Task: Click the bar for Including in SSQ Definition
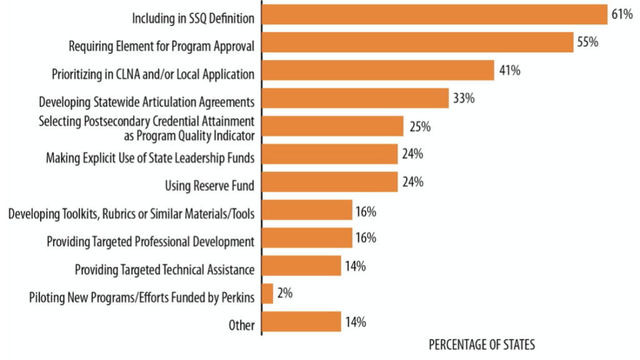[434, 14]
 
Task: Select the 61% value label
[622, 14]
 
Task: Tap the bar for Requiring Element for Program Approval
[417, 42]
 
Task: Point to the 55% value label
[588, 42]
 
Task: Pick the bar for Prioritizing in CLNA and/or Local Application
[377, 71]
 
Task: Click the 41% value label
[509, 71]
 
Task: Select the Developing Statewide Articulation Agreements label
[146, 101]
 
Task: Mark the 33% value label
[464, 98]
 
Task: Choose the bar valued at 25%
[332, 126]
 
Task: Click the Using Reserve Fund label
[209, 186]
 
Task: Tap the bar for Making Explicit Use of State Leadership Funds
[329, 154]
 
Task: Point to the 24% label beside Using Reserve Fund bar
[413, 182]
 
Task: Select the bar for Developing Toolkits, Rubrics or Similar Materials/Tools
[307, 211]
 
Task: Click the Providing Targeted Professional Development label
[151, 242]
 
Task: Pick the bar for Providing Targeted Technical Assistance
[301, 267]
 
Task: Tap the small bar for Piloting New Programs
[267, 294]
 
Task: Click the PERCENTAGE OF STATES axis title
[481, 345]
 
